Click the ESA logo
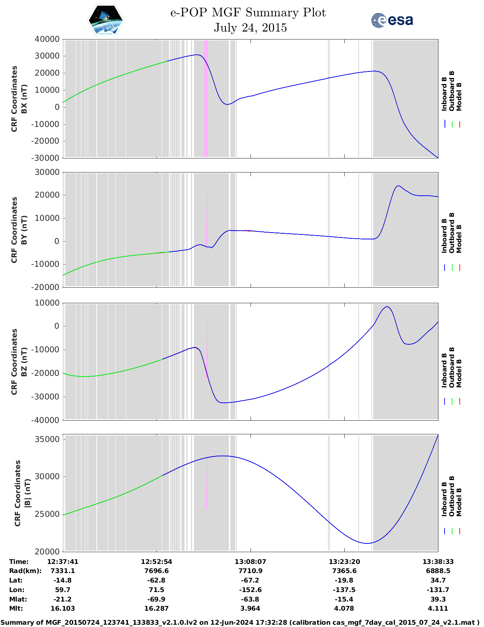(392, 20)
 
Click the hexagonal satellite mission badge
(106, 21)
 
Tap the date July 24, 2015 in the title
(250, 28)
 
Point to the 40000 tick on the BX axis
(47, 39)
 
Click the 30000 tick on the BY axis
(47, 172)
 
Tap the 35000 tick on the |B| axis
(47, 439)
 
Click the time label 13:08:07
(250, 562)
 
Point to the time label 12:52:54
(156, 562)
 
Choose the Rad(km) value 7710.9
(250, 571)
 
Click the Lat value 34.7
(438, 580)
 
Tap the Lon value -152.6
(250, 590)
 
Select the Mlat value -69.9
(156, 599)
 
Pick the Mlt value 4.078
(344, 608)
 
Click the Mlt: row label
(16, 608)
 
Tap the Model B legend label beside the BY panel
(459, 239)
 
